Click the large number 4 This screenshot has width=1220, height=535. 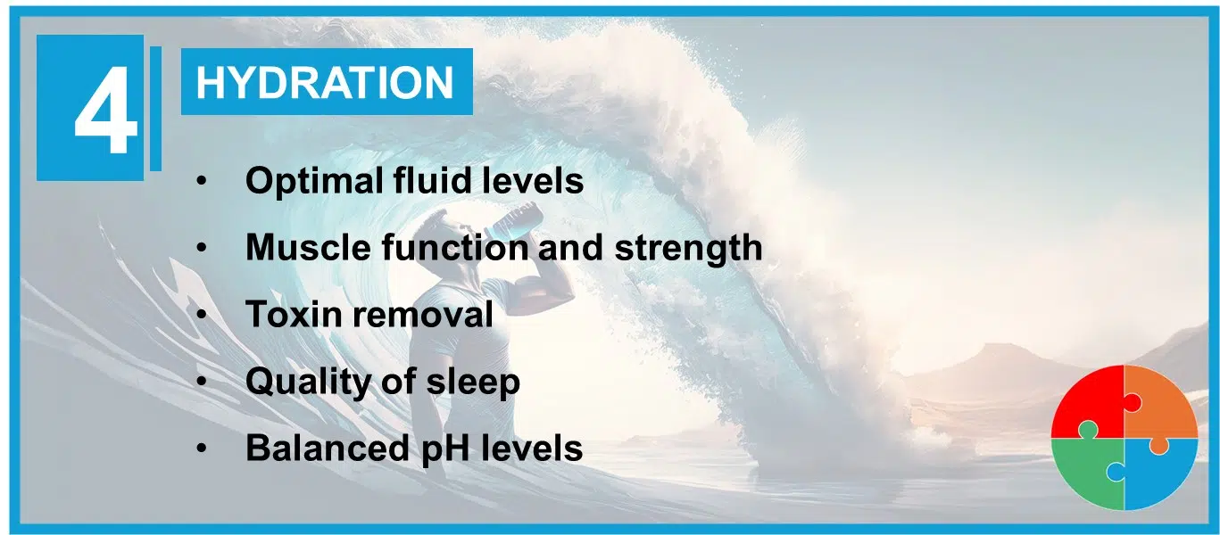(105, 111)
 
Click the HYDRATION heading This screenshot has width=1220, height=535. (325, 82)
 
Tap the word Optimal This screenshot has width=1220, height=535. (314, 181)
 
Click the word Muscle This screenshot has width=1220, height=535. (308, 248)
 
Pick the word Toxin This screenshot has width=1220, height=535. (294, 314)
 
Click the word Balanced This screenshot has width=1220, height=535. (327, 448)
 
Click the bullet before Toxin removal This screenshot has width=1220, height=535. (202, 315)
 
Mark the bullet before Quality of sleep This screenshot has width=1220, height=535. (202, 382)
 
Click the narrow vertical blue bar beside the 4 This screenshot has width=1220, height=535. (156, 108)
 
